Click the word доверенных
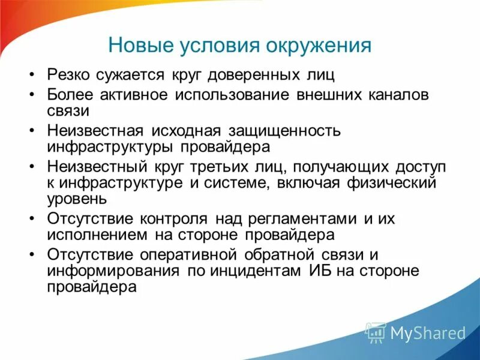[258, 76]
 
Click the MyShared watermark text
[428, 332]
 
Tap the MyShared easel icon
[376, 332]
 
